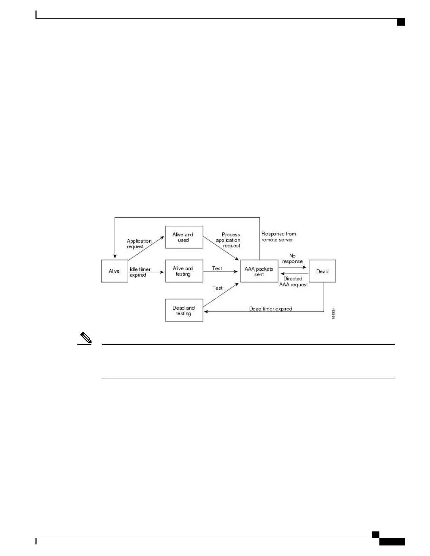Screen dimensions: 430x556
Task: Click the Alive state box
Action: [115, 271]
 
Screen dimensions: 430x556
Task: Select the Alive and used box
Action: [184, 237]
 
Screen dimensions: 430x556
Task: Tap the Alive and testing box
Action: [184, 271]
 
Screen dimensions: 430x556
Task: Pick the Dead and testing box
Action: [184, 310]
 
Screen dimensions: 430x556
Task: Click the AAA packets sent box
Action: [259, 271]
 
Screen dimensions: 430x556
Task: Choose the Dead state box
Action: [322, 271]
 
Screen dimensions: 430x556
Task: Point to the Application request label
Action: [139, 244]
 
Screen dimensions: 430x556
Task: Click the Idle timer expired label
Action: [140, 272]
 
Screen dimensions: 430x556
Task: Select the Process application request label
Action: [229, 240]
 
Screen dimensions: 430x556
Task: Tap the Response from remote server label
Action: [279, 237]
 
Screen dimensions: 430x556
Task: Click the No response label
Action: [292, 259]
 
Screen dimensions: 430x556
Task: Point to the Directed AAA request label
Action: [293, 282]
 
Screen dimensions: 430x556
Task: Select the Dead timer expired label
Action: [271, 309]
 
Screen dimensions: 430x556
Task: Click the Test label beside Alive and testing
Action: [217, 269]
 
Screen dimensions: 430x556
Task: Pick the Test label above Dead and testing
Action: [217, 288]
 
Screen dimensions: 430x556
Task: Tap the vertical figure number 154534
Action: [333, 313]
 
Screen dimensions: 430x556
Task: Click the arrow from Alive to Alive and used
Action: [146, 248]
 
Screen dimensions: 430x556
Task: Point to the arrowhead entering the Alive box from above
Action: [115, 257]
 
